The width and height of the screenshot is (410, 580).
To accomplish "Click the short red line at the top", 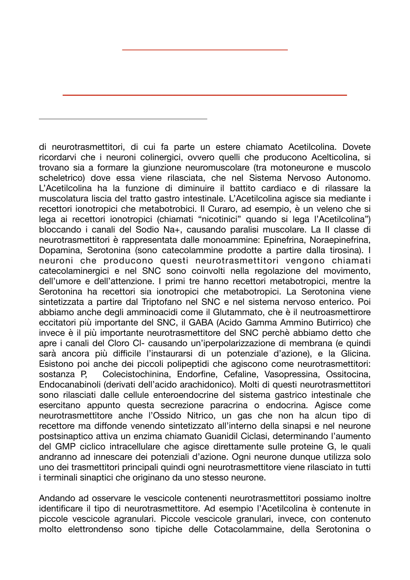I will point(204,50).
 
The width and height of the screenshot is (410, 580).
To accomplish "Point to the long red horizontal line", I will point(204,95).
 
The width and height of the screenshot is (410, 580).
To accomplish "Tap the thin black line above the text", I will point(123,119).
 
